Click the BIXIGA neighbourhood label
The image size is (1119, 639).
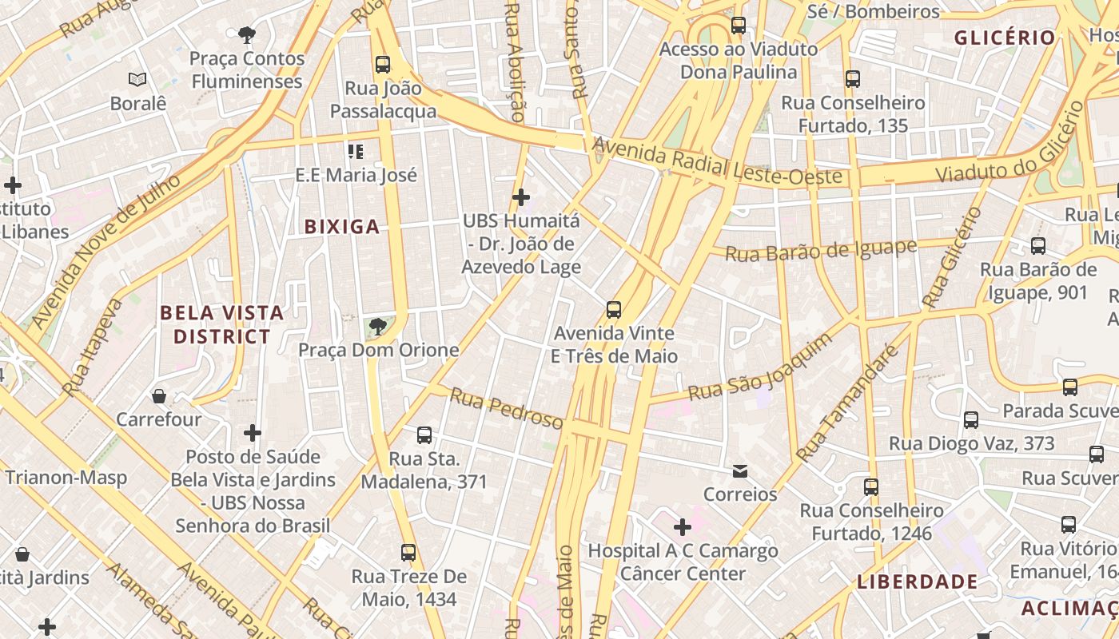[341, 227]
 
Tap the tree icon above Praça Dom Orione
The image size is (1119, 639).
[378, 326]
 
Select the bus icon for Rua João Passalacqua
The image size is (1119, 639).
[383, 65]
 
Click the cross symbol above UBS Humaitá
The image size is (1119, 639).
[521, 196]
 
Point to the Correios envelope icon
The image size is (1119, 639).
[740, 471]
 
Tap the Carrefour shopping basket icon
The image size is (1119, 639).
[159, 396]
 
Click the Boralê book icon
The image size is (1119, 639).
[137, 79]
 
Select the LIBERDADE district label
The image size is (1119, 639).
[917, 582]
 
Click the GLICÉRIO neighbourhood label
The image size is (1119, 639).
[1005, 38]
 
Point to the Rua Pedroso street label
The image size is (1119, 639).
[506, 407]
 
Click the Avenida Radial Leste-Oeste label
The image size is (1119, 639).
[717, 162]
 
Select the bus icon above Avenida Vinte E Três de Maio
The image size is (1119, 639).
[614, 310]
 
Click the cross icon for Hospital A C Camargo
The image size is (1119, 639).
[683, 527]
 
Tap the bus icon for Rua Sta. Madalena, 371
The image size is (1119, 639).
[424, 435]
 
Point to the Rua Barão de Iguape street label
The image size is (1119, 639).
[820, 251]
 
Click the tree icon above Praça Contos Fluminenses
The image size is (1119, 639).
[247, 34]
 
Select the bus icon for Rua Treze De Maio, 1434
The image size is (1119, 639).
[408, 553]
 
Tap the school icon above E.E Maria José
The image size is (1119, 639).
[356, 151]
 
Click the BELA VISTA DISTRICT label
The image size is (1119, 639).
[222, 324]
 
